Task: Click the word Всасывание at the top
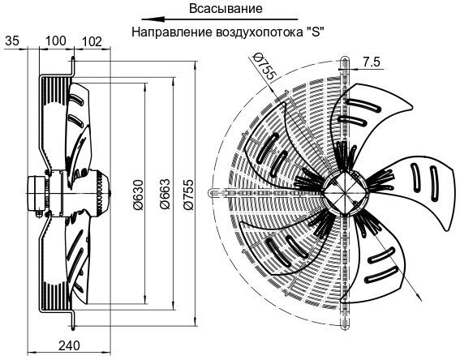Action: click(x=226, y=8)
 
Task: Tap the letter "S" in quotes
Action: click(x=315, y=32)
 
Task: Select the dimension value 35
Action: click(x=11, y=41)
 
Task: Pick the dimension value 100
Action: click(x=56, y=41)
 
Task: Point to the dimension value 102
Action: click(x=92, y=41)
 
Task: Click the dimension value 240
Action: click(x=69, y=346)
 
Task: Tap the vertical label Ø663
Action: click(x=165, y=194)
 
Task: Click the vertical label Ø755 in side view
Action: click(x=188, y=195)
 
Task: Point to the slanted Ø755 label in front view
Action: click(x=264, y=66)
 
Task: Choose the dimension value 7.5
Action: click(x=372, y=62)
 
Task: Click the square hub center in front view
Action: click(x=344, y=193)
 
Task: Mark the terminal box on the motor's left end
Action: click(x=36, y=193)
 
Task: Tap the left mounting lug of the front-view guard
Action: click(x=214, y=193)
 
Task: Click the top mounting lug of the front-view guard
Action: click(x=345, y=63)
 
